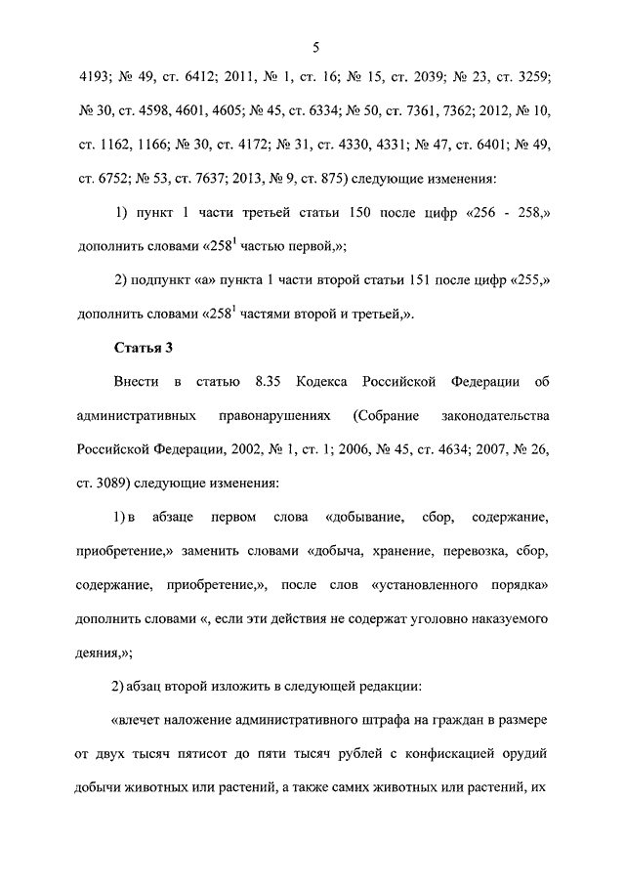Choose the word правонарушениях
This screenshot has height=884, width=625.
coord(267,415)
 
